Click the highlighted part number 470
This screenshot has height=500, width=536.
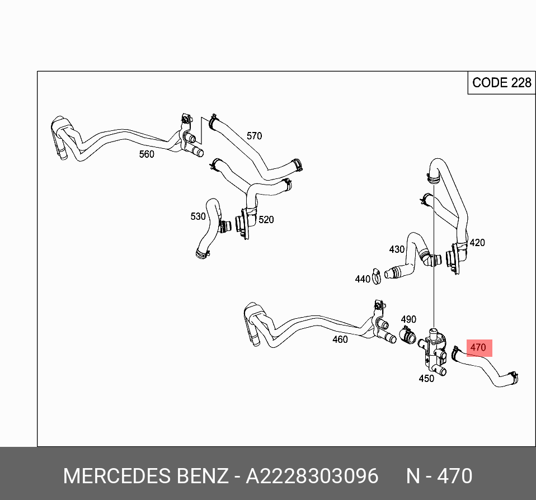(x=478, y=347)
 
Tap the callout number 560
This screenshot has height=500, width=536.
(x=147, y=154)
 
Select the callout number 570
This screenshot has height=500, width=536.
(x=254, y=136)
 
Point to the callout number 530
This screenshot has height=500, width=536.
(x=198, y=216)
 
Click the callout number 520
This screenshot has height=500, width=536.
(x=266, y=220)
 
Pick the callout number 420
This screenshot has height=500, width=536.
(x=477, y=243)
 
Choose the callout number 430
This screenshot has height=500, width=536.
(x=397, y=249)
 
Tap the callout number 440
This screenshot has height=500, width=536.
(x=363, y=279)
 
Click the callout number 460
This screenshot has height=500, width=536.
(x=340, y=339)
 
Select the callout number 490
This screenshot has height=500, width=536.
(x=408, y=319)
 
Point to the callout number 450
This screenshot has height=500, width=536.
(x=426, y=379)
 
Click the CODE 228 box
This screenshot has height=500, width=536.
(x=501, y=83)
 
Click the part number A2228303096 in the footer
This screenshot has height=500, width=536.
(x=312, y=477)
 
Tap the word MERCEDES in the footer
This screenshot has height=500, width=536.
(x=117, y=477)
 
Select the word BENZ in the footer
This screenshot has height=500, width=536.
(x=203, y=477)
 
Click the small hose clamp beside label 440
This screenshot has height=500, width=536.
(x=377, y=275)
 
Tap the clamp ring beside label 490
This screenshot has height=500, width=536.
(x=407, y=337)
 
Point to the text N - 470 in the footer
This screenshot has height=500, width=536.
(x=439, y=477)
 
